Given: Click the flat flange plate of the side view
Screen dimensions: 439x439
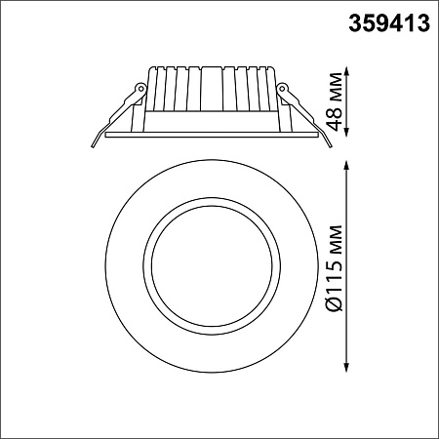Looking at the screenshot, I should click(210, 135).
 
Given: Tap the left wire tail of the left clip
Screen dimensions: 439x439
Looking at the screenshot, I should click(98, 140).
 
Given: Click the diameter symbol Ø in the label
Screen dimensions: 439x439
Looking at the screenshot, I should click(337, 304).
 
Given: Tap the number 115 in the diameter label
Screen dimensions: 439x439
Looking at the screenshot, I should click(337, 281).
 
